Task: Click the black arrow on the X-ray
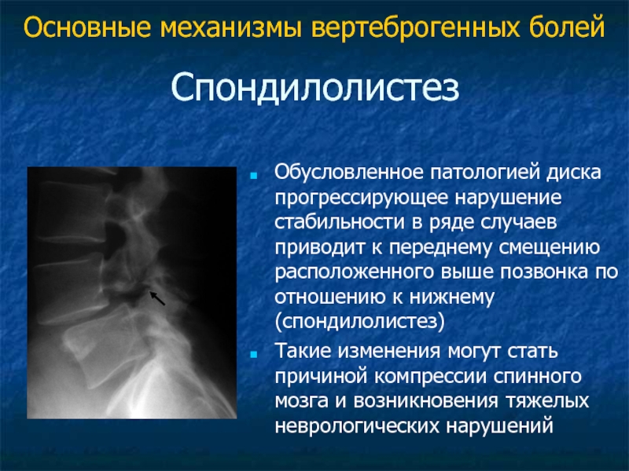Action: click(157, 298)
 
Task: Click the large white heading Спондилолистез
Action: click(315, 88)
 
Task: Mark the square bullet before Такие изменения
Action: click(253, 354)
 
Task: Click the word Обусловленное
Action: click(349, 173)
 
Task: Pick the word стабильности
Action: click(340, 222)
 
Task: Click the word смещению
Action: click(550, 248)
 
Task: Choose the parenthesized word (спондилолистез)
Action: click(360, 322)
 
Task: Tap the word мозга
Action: click(302, 402)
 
